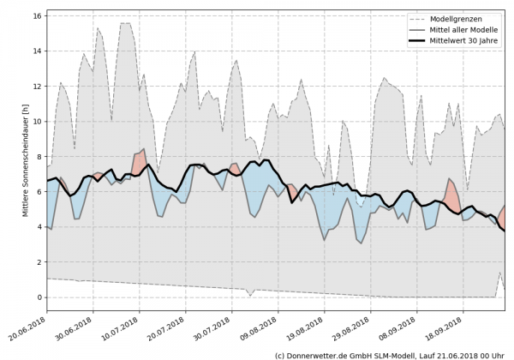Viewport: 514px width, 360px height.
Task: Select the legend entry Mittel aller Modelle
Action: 469,29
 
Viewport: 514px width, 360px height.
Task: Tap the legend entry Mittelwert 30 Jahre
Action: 469,40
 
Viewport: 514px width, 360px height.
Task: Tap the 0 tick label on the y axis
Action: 39,297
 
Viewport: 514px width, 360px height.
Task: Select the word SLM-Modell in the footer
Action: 396,354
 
